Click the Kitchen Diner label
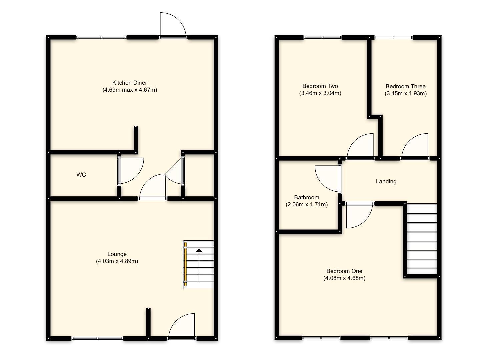pyautogui.click(x=129, y=83)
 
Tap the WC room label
pyautogui.click(x=81, y=175)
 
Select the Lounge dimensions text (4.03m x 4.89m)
pyautogui.click(x=117, y=261)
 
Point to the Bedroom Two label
pyautogui.click(x=320, y=86)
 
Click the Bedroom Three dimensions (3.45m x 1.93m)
pyautogui.click(x=405, y=93)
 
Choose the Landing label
pyautogui.click(x=386, y=181)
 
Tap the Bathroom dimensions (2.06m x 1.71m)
pyautogui.click(x=307, y=204)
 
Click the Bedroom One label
pyautogui.click(x=344, y=271)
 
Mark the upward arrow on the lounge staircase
pyautogui.click(x=199, y=251)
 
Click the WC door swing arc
pyautogui.click(x=131, y=170)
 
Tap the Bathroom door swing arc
pyautogui.click(x=327, y=178)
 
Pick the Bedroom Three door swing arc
pyautogui.click(x=415, y=146)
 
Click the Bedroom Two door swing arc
pyautogui.click(x=361, y=146)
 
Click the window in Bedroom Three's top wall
pyautogui.click(x=393, y=38)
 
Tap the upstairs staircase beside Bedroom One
pyautogui.click(x=422, y=239)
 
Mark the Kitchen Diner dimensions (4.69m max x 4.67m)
pyautogui.click(x=129, y=90)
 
